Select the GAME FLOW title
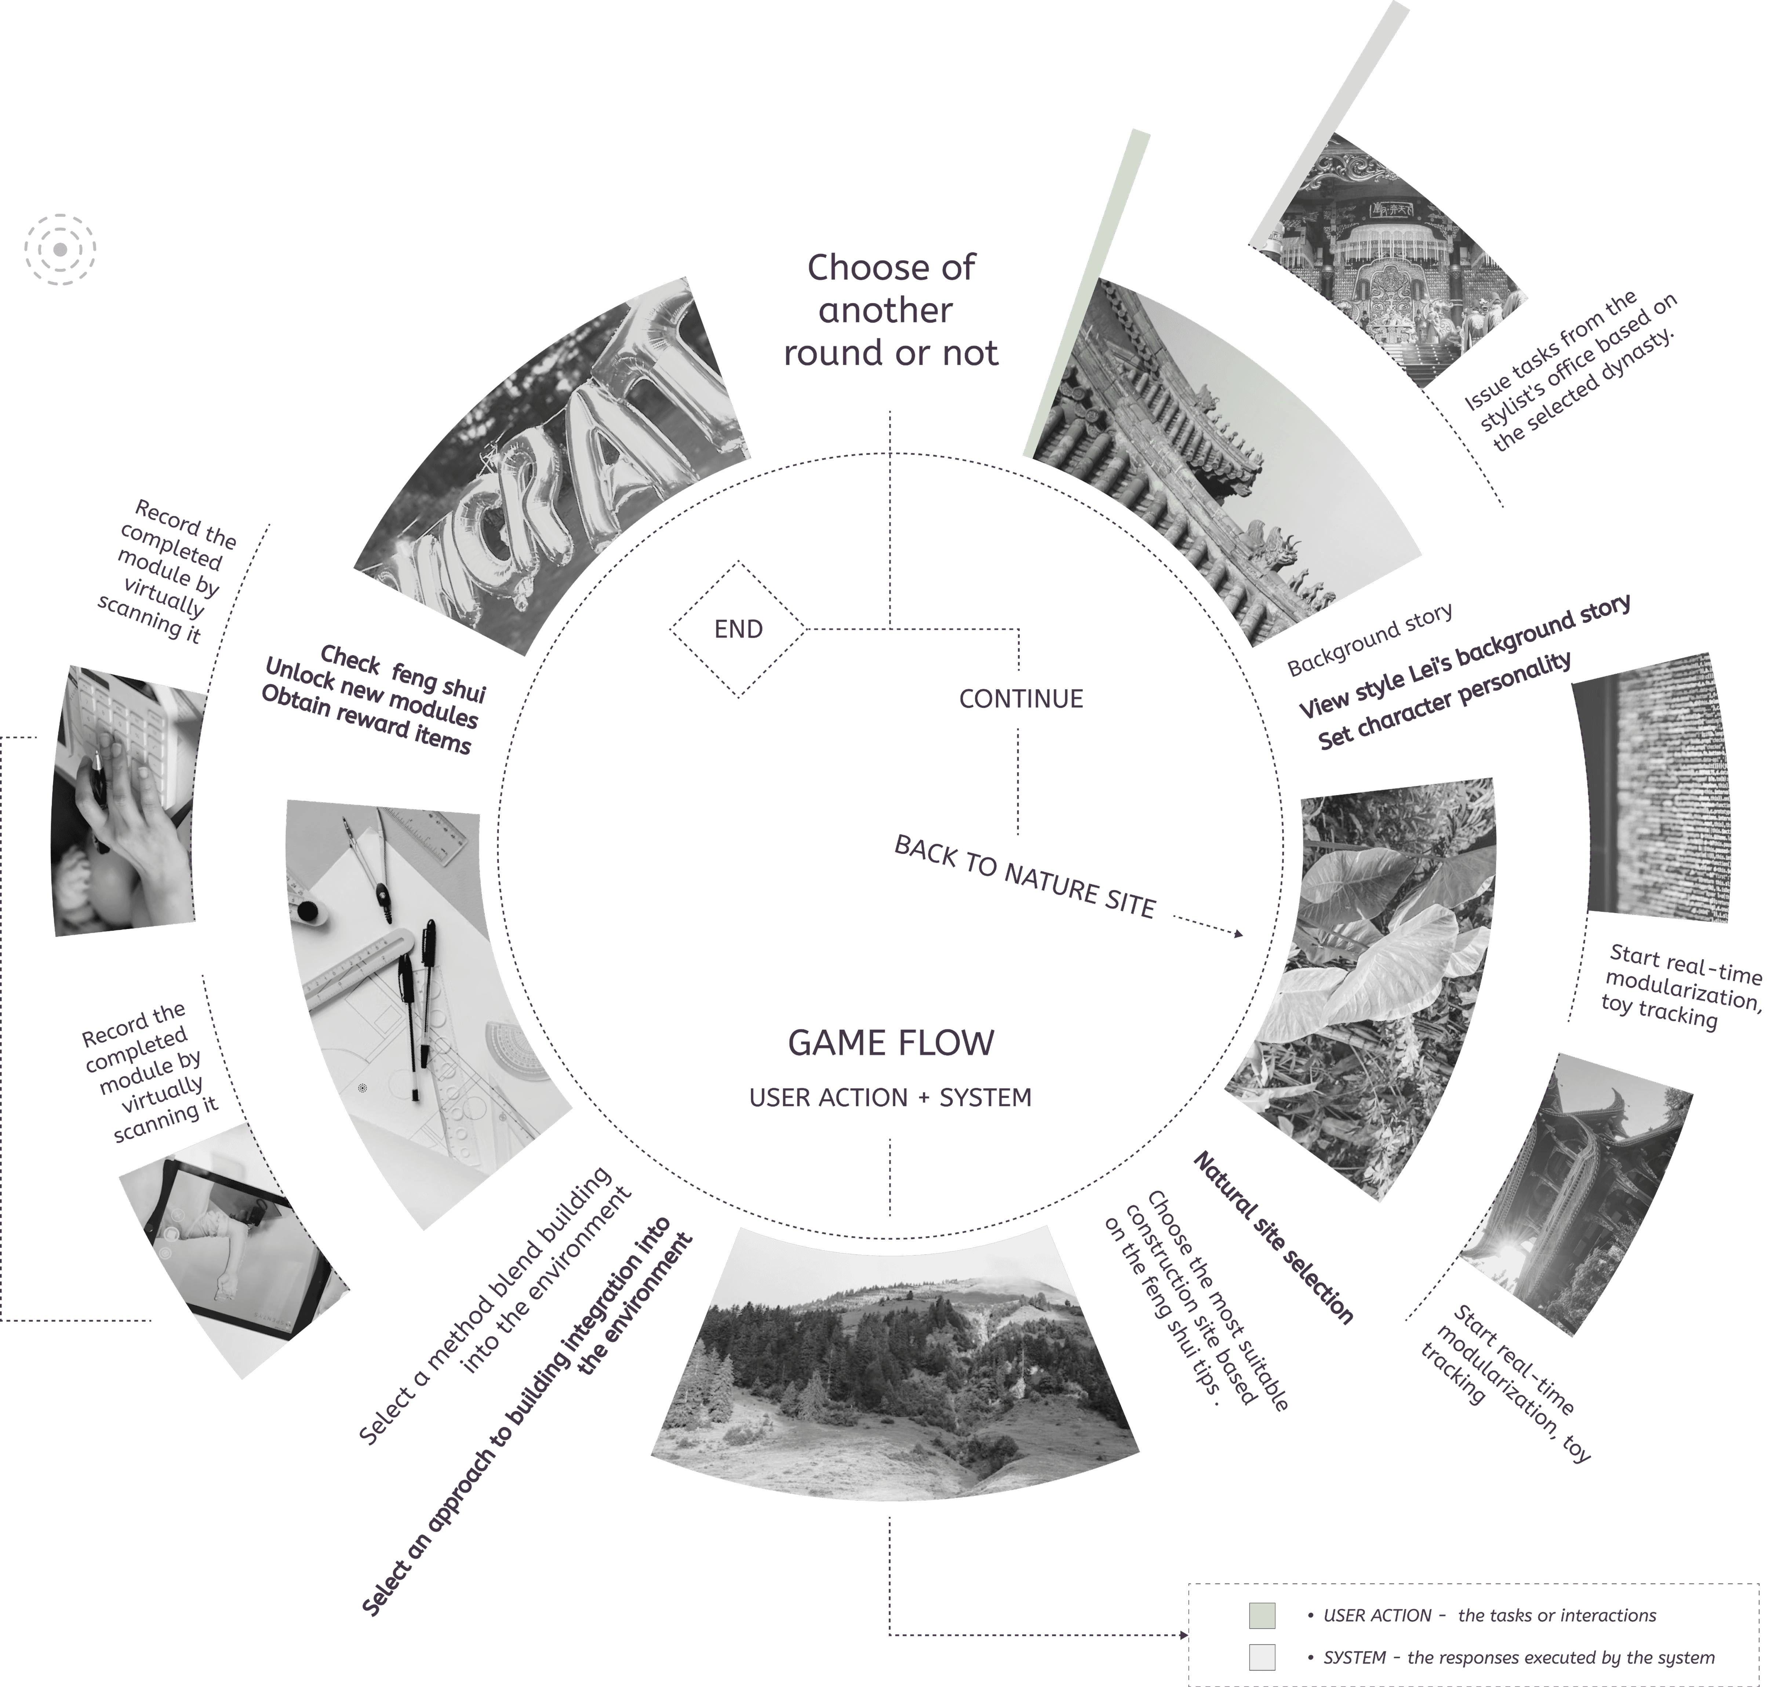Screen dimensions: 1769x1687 tap(890, 1043)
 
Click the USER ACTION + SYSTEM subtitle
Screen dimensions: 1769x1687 tap(890, 1098)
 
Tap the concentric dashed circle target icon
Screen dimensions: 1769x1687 tap(60, 249)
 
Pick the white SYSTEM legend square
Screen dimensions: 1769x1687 tap(1262, 1657)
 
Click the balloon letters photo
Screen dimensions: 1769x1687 tap(558, 468)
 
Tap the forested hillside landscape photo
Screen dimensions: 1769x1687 tap(890, 1367)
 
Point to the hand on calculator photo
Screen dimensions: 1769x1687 tap(126, 800)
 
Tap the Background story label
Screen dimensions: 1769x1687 tap(1369, 640)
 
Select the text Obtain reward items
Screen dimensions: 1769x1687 tap(365, 719)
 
